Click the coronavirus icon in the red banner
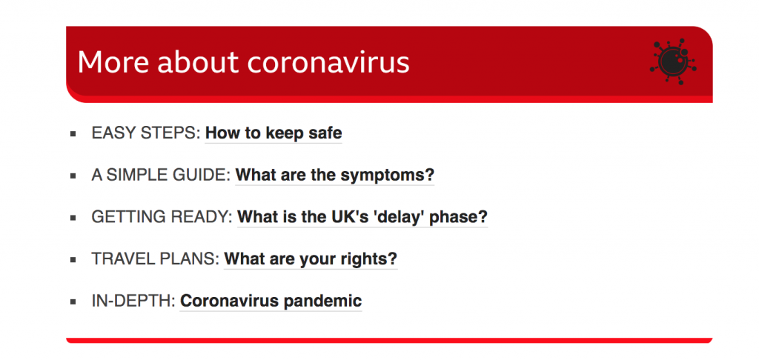[673, 62]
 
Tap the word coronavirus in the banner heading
[328, 62]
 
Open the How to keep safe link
[274, 133]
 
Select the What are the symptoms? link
[335, 175]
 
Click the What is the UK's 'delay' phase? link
[362, 217]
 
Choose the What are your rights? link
[311, 259]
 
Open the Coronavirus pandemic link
[271, 301]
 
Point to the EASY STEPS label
[146, 133]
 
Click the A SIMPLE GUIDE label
[161, 175]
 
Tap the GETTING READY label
[162, 217]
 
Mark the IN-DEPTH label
[133, 301]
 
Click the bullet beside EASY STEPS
[73, 133]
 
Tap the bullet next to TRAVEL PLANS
[73, 260]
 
